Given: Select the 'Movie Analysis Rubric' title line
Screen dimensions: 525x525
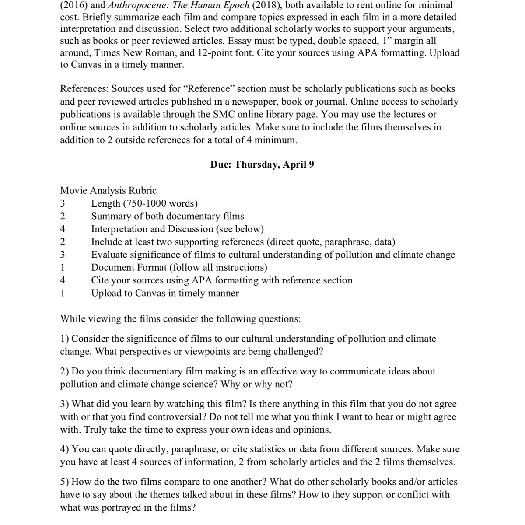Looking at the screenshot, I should tap(108, 190).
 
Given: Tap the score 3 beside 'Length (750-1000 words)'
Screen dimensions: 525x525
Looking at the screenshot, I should tap(63, 203).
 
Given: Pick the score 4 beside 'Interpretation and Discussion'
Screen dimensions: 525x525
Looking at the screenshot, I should tap(63, 229).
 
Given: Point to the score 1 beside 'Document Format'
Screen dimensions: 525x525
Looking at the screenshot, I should tap(63, 267).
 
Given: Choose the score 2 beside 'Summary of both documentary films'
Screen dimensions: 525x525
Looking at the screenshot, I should tap(63, 216).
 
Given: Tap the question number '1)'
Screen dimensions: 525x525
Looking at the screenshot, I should tap(65, 339).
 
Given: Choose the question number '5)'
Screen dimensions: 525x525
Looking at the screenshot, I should tap(65, 482).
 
